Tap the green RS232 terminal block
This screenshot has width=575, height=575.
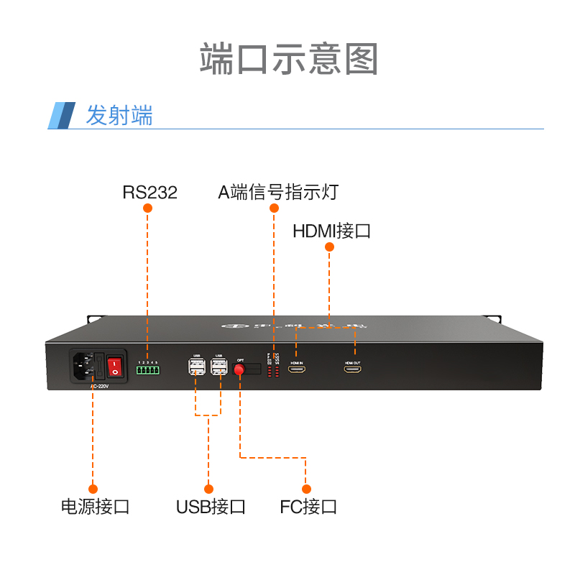tap(147, 371)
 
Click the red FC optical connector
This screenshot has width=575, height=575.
tap(239, 369)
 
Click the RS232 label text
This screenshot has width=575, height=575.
tap(149, 192)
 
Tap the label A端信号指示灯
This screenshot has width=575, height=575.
tap(278, 192)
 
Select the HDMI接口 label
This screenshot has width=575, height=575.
tap(331, 231)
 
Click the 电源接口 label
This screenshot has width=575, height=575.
tap(95, 506)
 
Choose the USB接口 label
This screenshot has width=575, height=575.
tap(211, 506)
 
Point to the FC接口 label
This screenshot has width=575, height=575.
tap(308, 506)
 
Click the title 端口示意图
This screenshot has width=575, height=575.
tap(288, 59)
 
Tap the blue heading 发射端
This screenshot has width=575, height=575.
tap(119, 116)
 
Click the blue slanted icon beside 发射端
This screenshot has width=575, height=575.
tap(62, 116)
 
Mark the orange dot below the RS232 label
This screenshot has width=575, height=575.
tap(148, 208)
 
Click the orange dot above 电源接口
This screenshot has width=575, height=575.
tap(93, 489)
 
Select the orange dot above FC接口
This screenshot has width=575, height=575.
tap(306, 489)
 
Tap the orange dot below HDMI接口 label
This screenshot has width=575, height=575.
tap(330, 247)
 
